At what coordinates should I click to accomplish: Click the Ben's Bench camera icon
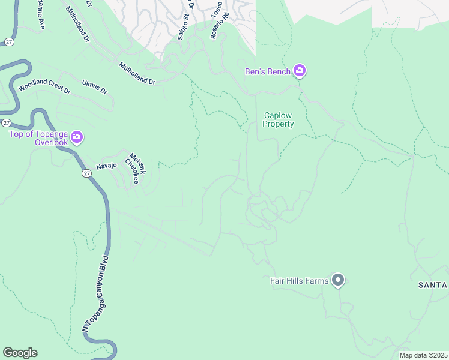[x=300, y=72]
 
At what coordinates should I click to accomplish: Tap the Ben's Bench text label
[x=268, y=72]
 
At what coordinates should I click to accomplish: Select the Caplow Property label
[x=279, y=120]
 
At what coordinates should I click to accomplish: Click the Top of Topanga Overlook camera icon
[x=77, y=138]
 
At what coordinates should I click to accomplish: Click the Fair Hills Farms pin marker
[x=338, y=280]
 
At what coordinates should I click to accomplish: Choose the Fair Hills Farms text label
[x=299, y=281]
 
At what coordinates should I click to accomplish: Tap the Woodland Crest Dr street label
[x=44, y=87]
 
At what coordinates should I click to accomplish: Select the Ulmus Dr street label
[x=95, y=86]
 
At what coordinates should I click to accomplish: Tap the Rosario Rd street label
[x=217, y=28]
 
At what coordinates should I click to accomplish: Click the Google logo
[x=20, y=353]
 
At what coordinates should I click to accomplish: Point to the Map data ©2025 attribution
[x=423, y=355]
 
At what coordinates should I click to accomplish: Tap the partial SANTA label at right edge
[x=433, y=285]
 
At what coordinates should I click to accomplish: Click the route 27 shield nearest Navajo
[x=86, y=173]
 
